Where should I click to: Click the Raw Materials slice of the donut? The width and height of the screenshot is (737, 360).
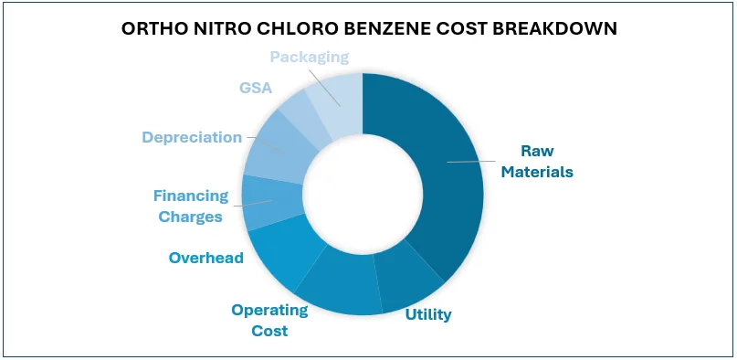tap(438, 174)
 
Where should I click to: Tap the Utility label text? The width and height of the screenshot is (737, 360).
tap(428, 314)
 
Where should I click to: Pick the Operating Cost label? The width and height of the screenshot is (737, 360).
tap(269, 320)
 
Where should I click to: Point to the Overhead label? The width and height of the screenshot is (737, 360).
tap(206, 258)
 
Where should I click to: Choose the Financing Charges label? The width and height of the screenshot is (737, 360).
tap(189, 206)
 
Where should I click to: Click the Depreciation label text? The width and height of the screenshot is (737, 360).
tap(191, 137)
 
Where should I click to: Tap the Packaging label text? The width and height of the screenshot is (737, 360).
tap(310, 57)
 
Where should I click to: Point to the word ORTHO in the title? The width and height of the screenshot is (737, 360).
tap(150, 28)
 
